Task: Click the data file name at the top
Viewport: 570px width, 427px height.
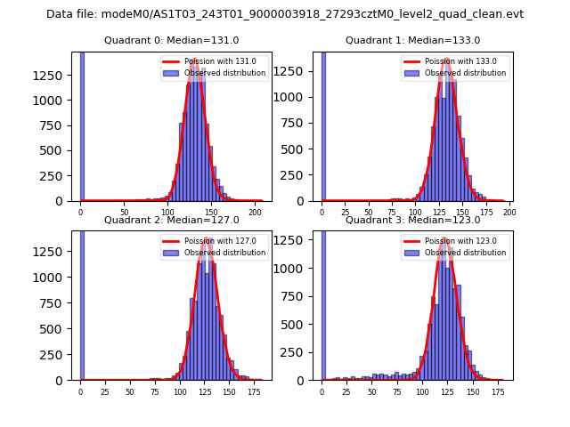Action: point(285,14)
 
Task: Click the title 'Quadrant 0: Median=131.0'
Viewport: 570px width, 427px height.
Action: point(171,40)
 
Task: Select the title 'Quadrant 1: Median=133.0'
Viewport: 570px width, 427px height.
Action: point(412,40)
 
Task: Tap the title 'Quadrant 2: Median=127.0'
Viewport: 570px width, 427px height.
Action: point(171,220)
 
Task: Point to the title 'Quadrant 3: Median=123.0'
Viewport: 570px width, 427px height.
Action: point(412,220)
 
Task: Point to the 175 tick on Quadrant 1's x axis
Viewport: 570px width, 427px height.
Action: point(485,212)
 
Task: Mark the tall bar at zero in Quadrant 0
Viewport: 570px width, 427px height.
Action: point(82,125)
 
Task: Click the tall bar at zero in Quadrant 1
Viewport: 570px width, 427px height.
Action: point(322,125)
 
